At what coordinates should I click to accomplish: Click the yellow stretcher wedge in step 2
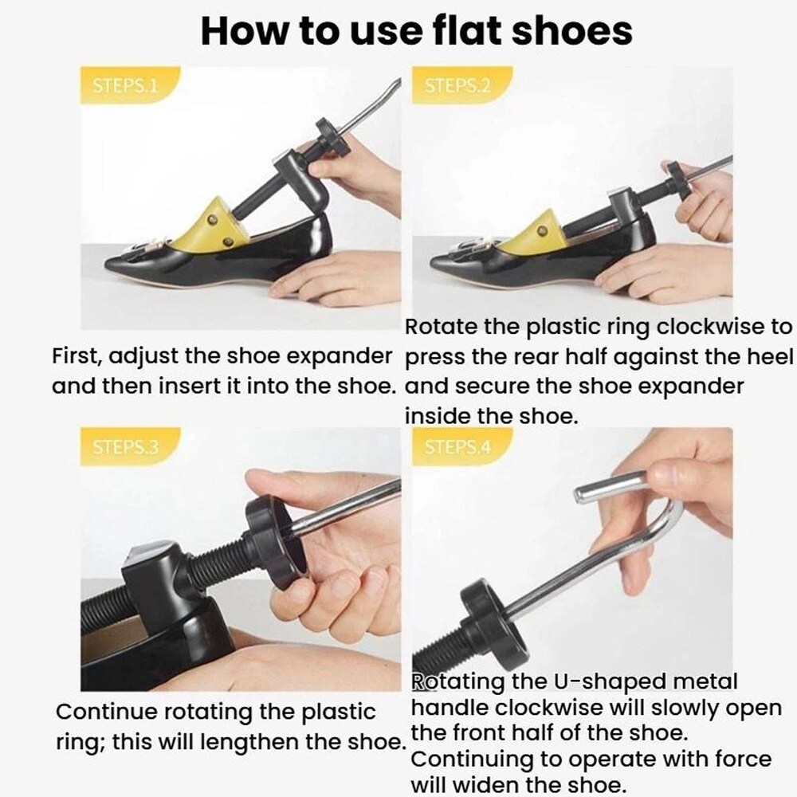[535, 230]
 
